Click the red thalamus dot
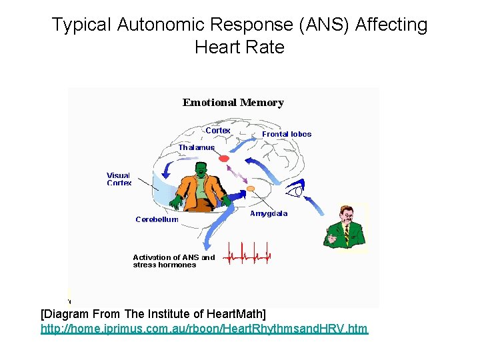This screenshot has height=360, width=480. point(224,159)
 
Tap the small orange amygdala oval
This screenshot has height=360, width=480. point(251,189)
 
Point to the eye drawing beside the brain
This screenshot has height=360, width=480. point(295,192)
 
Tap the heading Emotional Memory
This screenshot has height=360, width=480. point(233,103)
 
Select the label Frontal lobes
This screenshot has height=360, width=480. point(287,134)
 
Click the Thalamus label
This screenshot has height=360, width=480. point(197,147)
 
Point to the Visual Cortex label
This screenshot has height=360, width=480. point(119,179)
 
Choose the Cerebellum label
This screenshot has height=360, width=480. point(157,219)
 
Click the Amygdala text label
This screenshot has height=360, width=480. point(269,214)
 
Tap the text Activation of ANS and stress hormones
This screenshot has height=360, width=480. point(173,261)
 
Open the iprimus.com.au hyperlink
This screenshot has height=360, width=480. point(204,329)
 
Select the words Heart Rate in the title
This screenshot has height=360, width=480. point(239,47)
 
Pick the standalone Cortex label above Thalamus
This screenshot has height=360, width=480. point(217,131)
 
